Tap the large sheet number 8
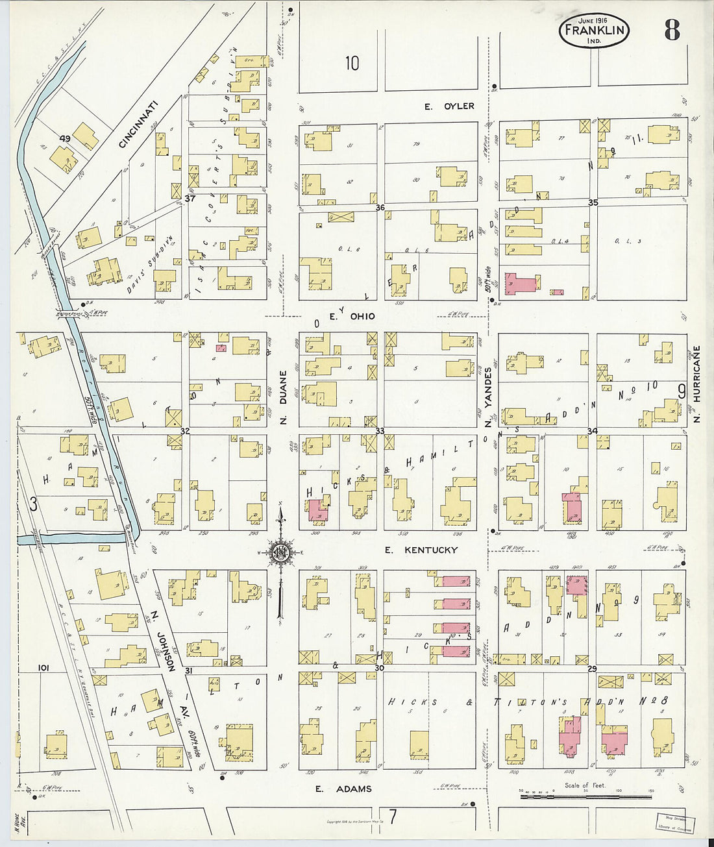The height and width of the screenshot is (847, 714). click(671, 30)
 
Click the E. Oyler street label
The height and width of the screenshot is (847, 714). click(449, 106)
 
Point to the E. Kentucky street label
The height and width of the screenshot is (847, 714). click(421, 550)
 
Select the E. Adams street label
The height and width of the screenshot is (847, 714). click(343, 789)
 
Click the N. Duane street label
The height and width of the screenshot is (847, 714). click(283, 397)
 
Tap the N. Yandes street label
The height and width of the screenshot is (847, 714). click(488, 397)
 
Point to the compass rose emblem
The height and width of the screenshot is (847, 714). click(281, 553)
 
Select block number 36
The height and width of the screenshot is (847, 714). click(380, 208)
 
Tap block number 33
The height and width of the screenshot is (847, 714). click(380, 431)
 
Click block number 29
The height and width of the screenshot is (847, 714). click(592, 669)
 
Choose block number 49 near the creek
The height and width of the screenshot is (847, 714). click(64, 138)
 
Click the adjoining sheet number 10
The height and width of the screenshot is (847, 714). click(352, 63)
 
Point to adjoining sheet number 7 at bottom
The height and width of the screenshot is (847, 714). click(392, 815)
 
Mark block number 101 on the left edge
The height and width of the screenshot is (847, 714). click(43, 667)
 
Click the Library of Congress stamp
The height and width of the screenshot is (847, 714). click(674, 822)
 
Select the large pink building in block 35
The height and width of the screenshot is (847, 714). click(521, 284)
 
